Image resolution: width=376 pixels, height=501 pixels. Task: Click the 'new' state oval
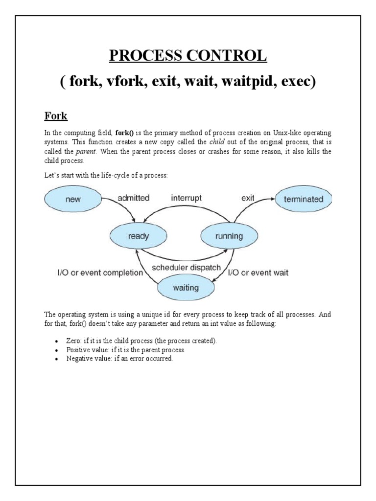coord(72,200)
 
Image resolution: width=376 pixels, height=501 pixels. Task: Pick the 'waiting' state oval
coord(186,288)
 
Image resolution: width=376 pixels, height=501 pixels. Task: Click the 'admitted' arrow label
coord(133,199)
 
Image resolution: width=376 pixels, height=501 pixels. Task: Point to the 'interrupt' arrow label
coord(186,199)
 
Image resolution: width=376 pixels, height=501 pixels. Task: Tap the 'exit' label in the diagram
coord(248,199)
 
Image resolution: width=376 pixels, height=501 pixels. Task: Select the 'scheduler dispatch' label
coord(187,268)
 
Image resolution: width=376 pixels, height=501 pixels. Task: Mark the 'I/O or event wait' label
coord(258,273)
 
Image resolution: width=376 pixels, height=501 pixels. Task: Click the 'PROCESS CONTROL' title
coord(188,56)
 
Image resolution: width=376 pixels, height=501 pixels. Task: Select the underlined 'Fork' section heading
coord(56,117)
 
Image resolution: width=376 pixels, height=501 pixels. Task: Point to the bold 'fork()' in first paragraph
coord(125,133)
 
